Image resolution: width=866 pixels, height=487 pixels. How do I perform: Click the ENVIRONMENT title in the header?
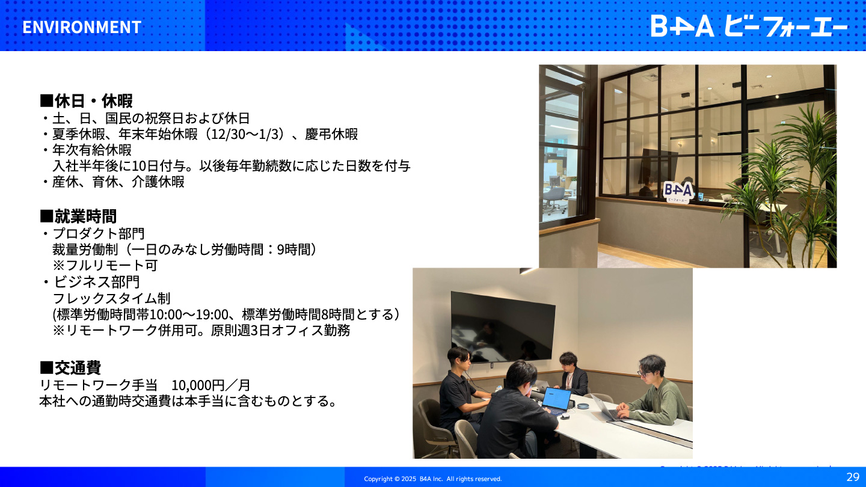coord(82,27)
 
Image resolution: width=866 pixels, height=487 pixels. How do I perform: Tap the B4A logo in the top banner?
coord(749,26)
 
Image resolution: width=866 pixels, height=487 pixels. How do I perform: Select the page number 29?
coord(853,477)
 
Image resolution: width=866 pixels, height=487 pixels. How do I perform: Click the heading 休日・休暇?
coord(86,101)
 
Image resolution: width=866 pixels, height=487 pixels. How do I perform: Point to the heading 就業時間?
coord(78,216)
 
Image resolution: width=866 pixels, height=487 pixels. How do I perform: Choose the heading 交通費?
coord(70,367)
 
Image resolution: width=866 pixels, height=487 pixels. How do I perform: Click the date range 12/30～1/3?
coord(245,134)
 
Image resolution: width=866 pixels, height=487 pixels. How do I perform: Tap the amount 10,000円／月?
coord(210,385)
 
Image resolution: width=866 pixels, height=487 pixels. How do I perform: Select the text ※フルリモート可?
coord(105,266)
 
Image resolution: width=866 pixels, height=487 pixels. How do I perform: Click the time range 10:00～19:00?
coord(188,314)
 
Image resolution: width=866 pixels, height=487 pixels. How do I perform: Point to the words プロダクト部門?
coord(99,233)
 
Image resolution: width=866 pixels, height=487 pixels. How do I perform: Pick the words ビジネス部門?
coord(96,282)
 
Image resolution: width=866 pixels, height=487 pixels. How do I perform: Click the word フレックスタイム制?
coord(111,298)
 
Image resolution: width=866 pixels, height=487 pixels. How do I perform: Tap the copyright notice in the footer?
coord(433,479)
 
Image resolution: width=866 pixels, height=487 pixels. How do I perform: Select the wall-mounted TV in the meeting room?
coord(503,327)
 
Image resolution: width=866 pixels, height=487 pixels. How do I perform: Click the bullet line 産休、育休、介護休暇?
coord(114,182)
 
